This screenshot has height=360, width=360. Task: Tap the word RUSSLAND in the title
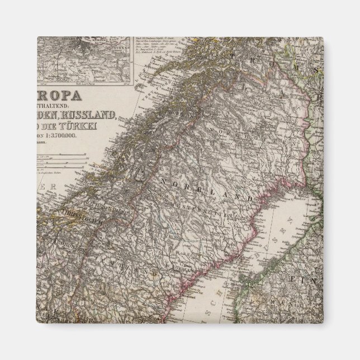point(97,115)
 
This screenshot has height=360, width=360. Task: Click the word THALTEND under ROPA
point(58,104)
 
